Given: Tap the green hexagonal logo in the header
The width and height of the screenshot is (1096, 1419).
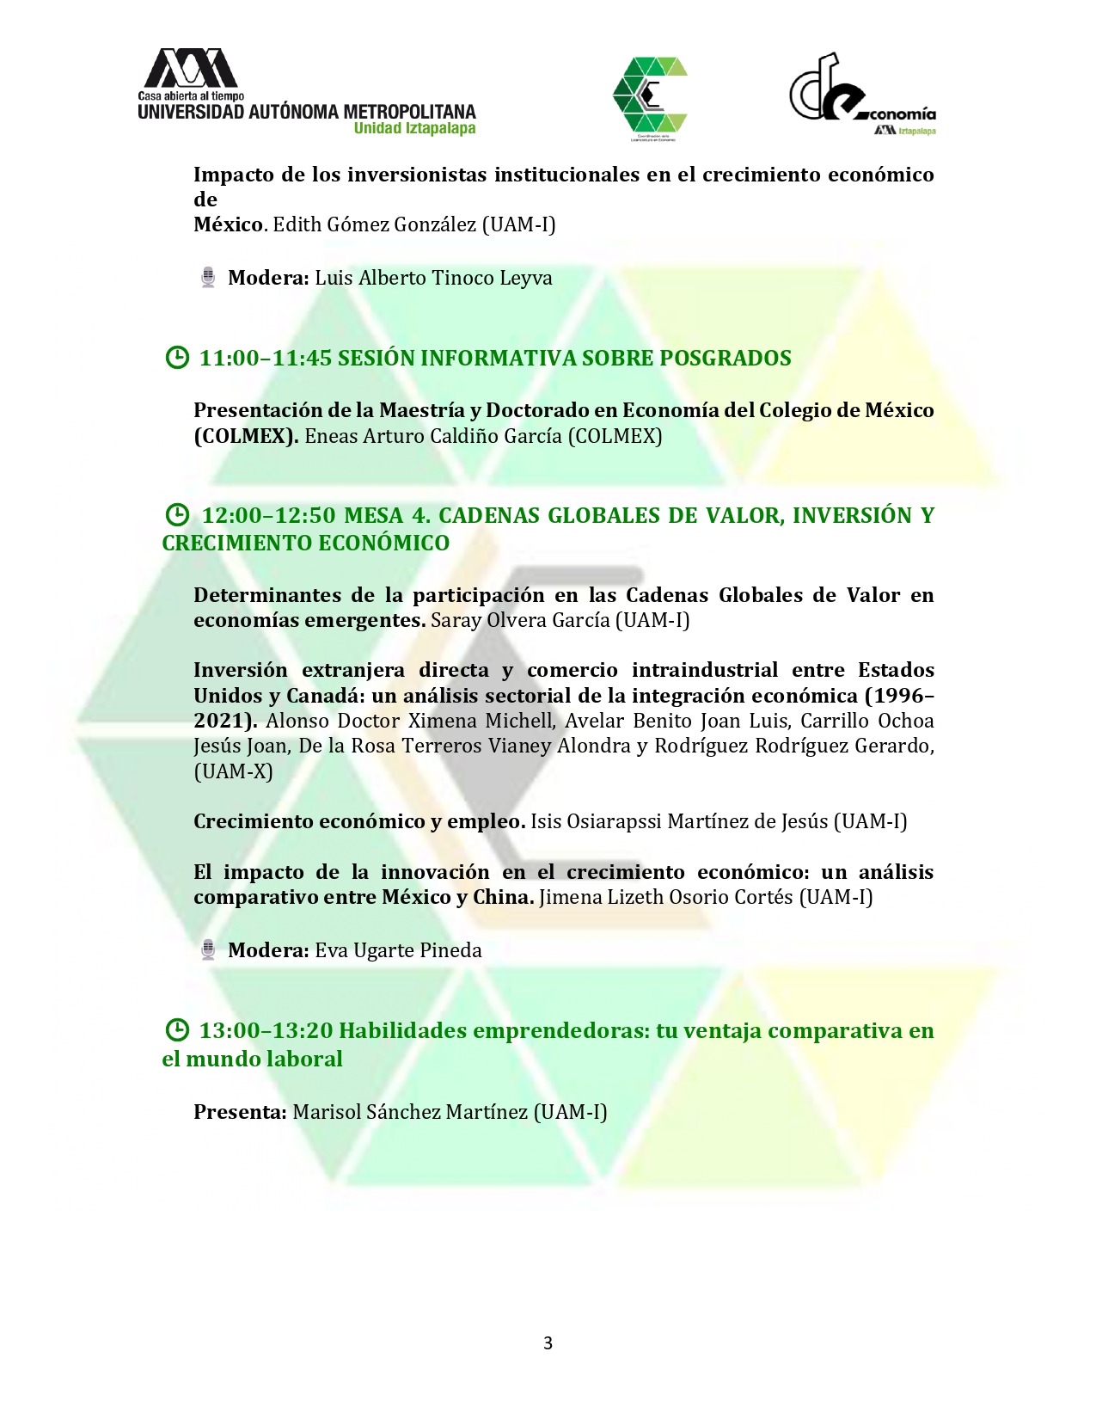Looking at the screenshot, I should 650,97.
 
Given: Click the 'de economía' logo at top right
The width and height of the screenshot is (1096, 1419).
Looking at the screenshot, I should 861,95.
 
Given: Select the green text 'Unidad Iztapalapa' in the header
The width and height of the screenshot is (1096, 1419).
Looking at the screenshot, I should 414,129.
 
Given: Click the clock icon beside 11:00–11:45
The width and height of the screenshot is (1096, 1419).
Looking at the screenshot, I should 176,358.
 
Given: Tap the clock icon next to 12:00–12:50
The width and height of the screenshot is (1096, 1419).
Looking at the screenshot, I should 176,515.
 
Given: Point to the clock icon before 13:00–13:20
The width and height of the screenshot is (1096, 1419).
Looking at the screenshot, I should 176,1030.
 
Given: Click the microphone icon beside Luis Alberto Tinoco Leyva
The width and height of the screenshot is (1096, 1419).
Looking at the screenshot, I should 208,278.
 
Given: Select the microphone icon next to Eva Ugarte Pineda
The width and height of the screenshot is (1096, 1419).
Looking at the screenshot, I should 208,950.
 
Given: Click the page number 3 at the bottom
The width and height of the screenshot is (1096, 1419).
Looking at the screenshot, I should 548,1343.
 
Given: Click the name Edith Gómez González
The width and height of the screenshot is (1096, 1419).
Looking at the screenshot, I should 374,224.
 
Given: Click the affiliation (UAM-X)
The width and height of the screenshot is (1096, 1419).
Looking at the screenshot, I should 233,771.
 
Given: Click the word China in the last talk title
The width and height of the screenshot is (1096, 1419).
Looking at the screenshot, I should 503,897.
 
